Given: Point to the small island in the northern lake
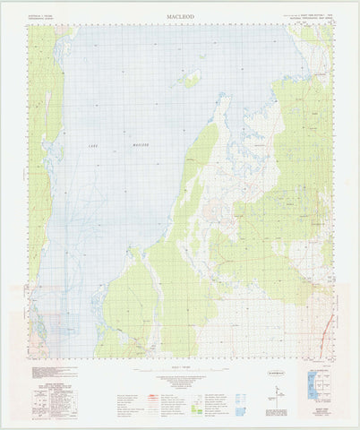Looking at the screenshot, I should pyautogui.click(x=190, y=79).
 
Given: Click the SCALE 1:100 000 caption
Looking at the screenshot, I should pyautogui.click(x=180, y=367).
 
